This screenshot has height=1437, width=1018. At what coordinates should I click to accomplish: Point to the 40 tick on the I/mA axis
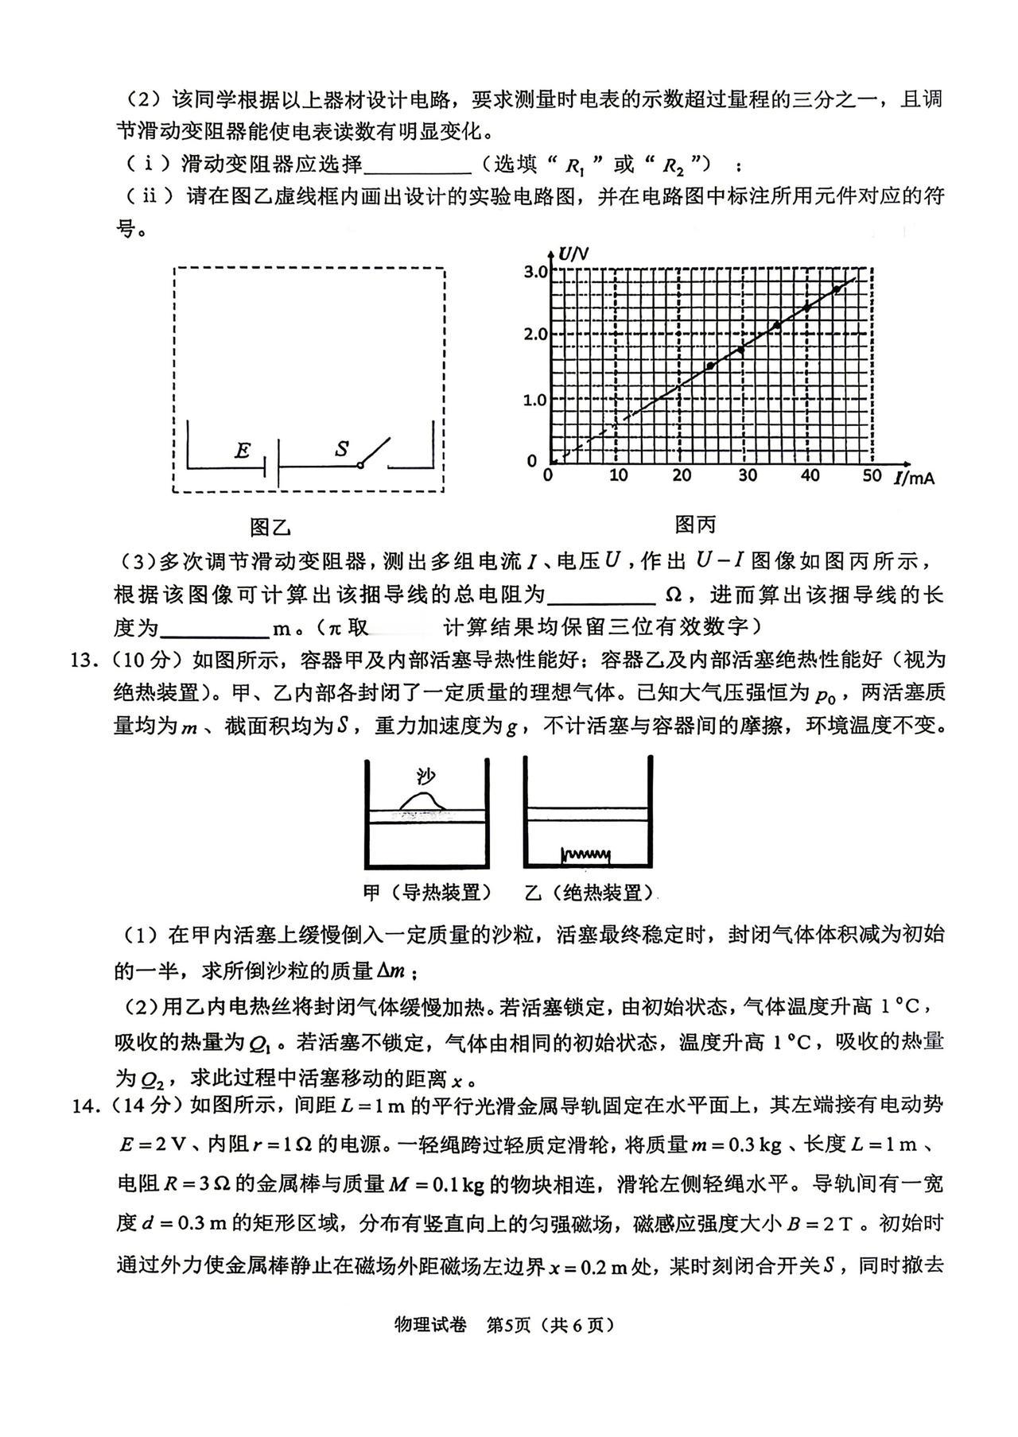tap(809, 475)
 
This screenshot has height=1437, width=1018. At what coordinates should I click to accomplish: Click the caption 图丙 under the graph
tap(695, 525)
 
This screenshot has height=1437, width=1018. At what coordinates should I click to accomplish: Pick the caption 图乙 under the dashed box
tap(270, 527)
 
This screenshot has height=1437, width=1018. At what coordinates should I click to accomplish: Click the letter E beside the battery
tap(243, 451)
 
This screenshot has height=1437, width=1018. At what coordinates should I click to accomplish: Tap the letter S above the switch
tap(342, 449)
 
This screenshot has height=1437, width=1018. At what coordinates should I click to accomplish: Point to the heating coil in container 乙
tap(586, 855)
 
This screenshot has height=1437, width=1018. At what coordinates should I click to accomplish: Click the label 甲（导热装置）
tap(426, 893)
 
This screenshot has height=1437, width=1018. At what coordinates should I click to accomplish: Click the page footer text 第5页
tap(507, 1325)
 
